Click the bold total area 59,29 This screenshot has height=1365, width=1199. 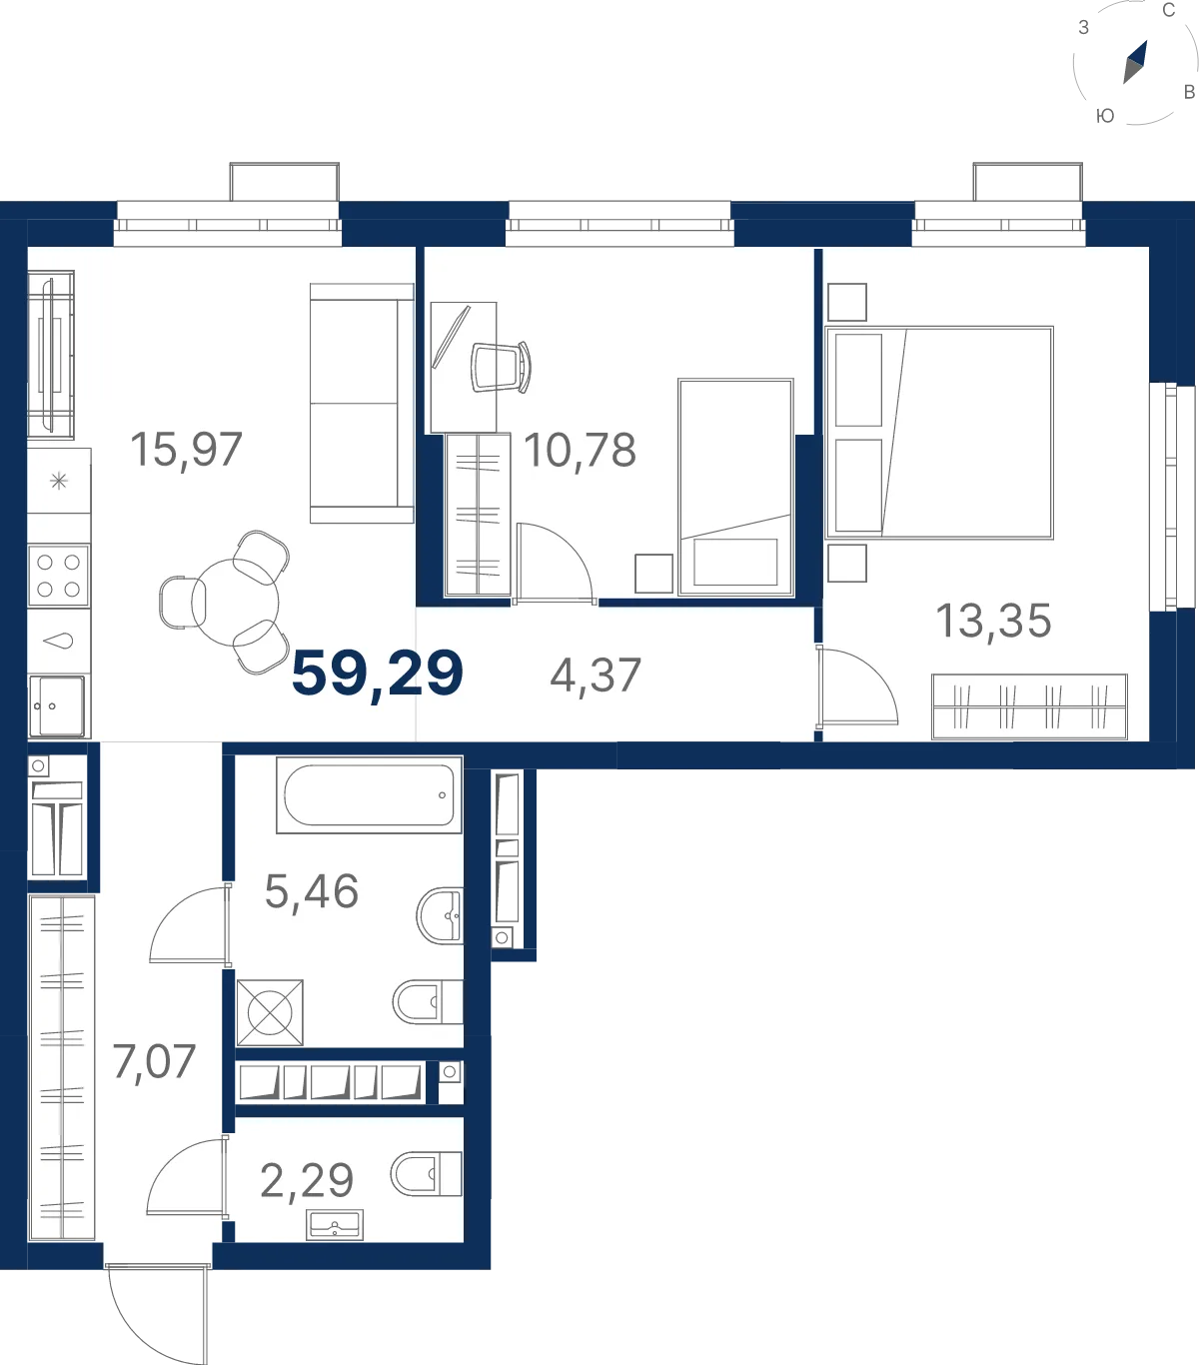(x=378, y=674)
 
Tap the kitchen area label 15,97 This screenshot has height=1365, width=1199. (x=186, y=450)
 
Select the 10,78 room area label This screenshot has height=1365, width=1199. (x=580, y=450)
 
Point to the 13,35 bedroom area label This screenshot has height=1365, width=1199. (x=993, y=621)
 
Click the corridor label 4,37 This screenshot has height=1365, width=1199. (x=596, y=676)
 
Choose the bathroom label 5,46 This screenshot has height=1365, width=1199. (x=312, y=891)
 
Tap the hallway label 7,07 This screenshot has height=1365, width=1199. (x=154, y=1061)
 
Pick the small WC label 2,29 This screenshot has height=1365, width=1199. (x=307, y=1180)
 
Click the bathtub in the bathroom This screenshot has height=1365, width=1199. (x=369, y=795)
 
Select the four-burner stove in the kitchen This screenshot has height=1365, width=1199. (x=59, y=576)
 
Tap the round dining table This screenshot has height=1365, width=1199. (x=235, y=603)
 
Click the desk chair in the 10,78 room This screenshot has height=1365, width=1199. (x=502, y=367)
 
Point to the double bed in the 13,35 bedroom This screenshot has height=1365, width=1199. (x=939, y=433)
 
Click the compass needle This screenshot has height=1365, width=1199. (x=1135, y=62)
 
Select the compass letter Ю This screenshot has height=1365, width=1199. (x=1105, y=116)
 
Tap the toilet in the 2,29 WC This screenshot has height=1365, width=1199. (x=427, y=1174)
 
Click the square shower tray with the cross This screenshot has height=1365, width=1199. (x=270, y=1012)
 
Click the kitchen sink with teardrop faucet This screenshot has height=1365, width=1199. (x=59, y=641)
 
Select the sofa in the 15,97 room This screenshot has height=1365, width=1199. (x=362, y=403)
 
